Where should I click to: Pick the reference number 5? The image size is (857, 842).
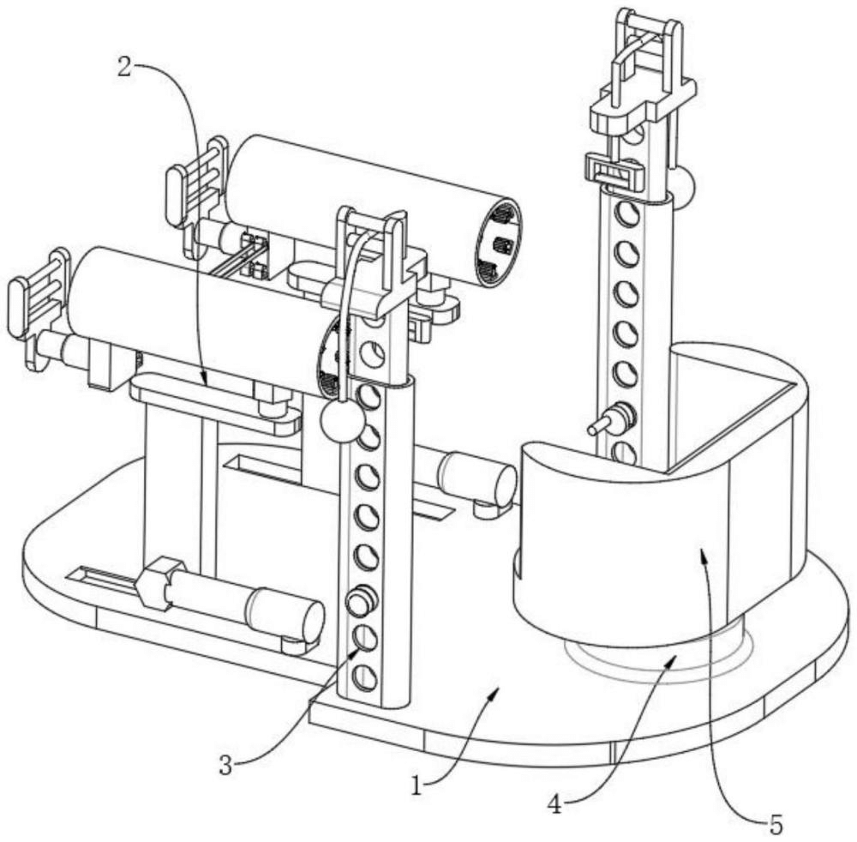(776, 824)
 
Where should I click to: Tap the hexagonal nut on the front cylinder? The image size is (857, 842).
(157, 583)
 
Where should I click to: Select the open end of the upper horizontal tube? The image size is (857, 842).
(499, 243)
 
